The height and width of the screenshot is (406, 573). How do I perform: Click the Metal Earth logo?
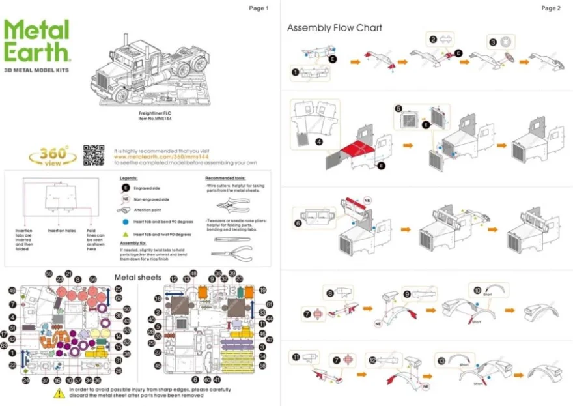pyautogui.click(x=36, y=41)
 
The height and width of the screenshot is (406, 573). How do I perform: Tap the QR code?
pyautogui.click(x=94, y=154)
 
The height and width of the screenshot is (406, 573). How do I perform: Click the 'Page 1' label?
pyautogui.click(x=258, y=8)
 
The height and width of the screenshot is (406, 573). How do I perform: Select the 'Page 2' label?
pyautogui.click(x=550, y=8)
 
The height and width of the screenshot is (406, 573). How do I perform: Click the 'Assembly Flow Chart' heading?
pyautogui.click(x=335, y=28)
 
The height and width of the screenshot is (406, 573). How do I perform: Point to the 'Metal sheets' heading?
pyautogui.click(x=138, y=278)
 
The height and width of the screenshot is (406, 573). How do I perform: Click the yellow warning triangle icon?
pyautogui.click(x=59, y=392)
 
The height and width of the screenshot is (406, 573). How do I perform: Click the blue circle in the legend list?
pyautogui.click(x=124, y=222)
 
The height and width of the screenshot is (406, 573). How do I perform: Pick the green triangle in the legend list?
pyautogui.click(x=124, y=233)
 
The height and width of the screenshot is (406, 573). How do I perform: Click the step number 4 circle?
pyautogui.click(x=320, y=141)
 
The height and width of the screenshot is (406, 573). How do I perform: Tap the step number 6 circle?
pyautogui.click(x=298, y=223)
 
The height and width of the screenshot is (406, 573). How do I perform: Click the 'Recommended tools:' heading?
pyautogui.click(x=225, y=178)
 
